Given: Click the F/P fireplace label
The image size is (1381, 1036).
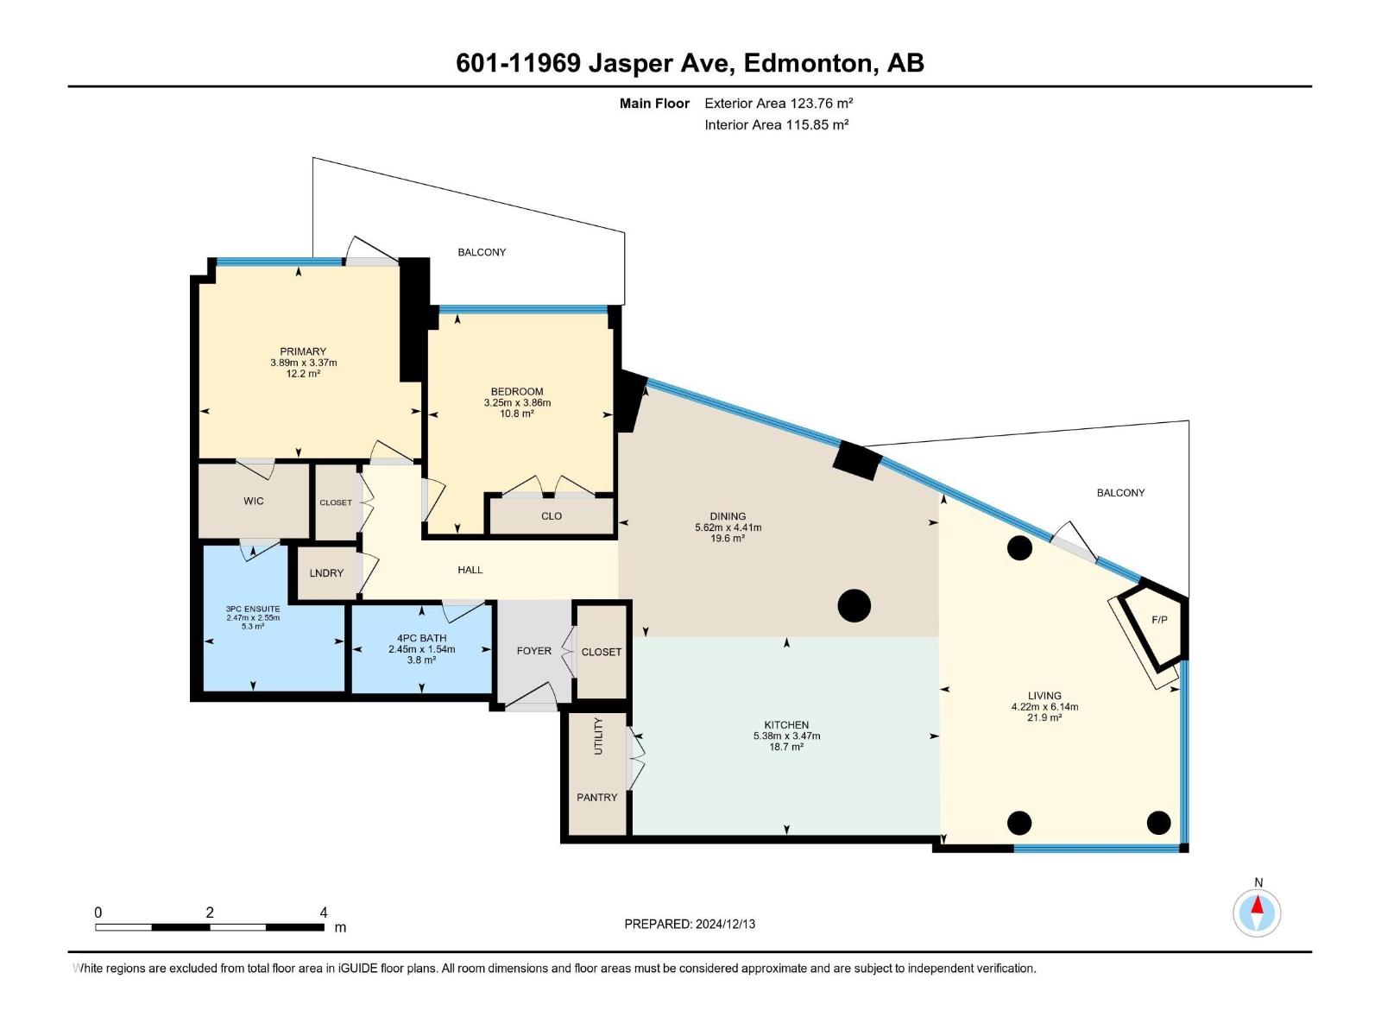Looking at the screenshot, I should (1158, 620).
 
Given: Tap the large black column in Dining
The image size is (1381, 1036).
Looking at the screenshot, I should (854, 605).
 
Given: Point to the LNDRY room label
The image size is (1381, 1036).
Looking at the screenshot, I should (326, 573).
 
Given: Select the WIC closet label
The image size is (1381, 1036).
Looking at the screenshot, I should (254, 501).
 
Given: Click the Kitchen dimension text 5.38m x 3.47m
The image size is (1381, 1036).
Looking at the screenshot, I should (786, 736).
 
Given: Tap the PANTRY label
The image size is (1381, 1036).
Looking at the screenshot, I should (596, 797).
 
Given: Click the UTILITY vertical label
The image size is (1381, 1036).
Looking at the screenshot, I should (598, 736).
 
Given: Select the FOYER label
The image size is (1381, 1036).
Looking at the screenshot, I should (533, 651).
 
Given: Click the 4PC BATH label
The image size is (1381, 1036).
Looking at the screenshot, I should (421, 638).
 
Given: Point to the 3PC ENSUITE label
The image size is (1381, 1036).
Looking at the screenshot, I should (253, 609).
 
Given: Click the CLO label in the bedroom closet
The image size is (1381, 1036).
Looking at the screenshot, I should (552, 516).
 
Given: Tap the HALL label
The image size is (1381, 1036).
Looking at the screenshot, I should (470, 570).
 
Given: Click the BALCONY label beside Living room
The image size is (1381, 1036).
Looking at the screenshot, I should (1120, 493).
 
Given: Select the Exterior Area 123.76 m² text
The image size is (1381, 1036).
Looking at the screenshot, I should (779, 103).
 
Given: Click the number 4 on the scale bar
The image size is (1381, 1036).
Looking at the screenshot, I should (324, 913).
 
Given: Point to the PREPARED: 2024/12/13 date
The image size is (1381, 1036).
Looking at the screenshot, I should (690, 924).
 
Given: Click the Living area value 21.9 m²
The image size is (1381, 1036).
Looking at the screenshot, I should (1044, 717).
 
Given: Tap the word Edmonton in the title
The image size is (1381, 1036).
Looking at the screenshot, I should (806, 63).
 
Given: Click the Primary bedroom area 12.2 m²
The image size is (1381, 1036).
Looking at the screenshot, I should (303, 374).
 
